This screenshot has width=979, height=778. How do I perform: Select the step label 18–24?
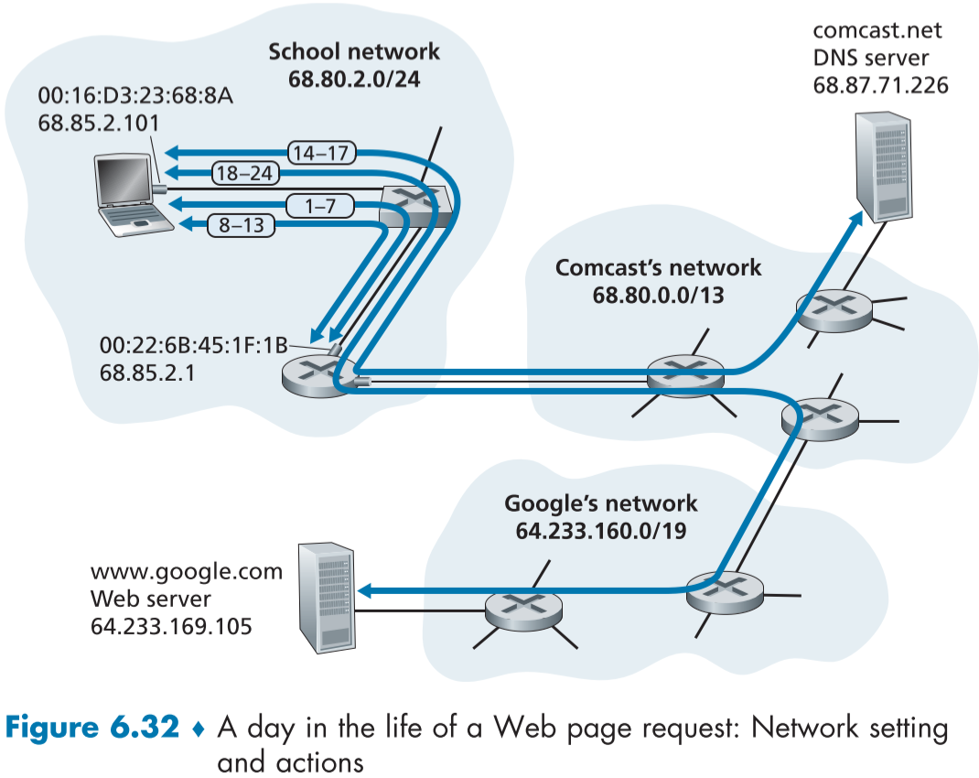click(246, 172)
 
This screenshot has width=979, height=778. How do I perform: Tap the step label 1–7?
click(319, 207)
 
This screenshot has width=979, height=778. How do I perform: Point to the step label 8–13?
click(241, 225)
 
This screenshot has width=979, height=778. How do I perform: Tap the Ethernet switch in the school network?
click(417, 203)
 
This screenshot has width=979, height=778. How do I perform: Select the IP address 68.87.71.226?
click(880, 85)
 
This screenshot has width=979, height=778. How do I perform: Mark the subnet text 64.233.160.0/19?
click(601, 530)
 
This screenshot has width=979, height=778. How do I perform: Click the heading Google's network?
click(601, 503)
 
